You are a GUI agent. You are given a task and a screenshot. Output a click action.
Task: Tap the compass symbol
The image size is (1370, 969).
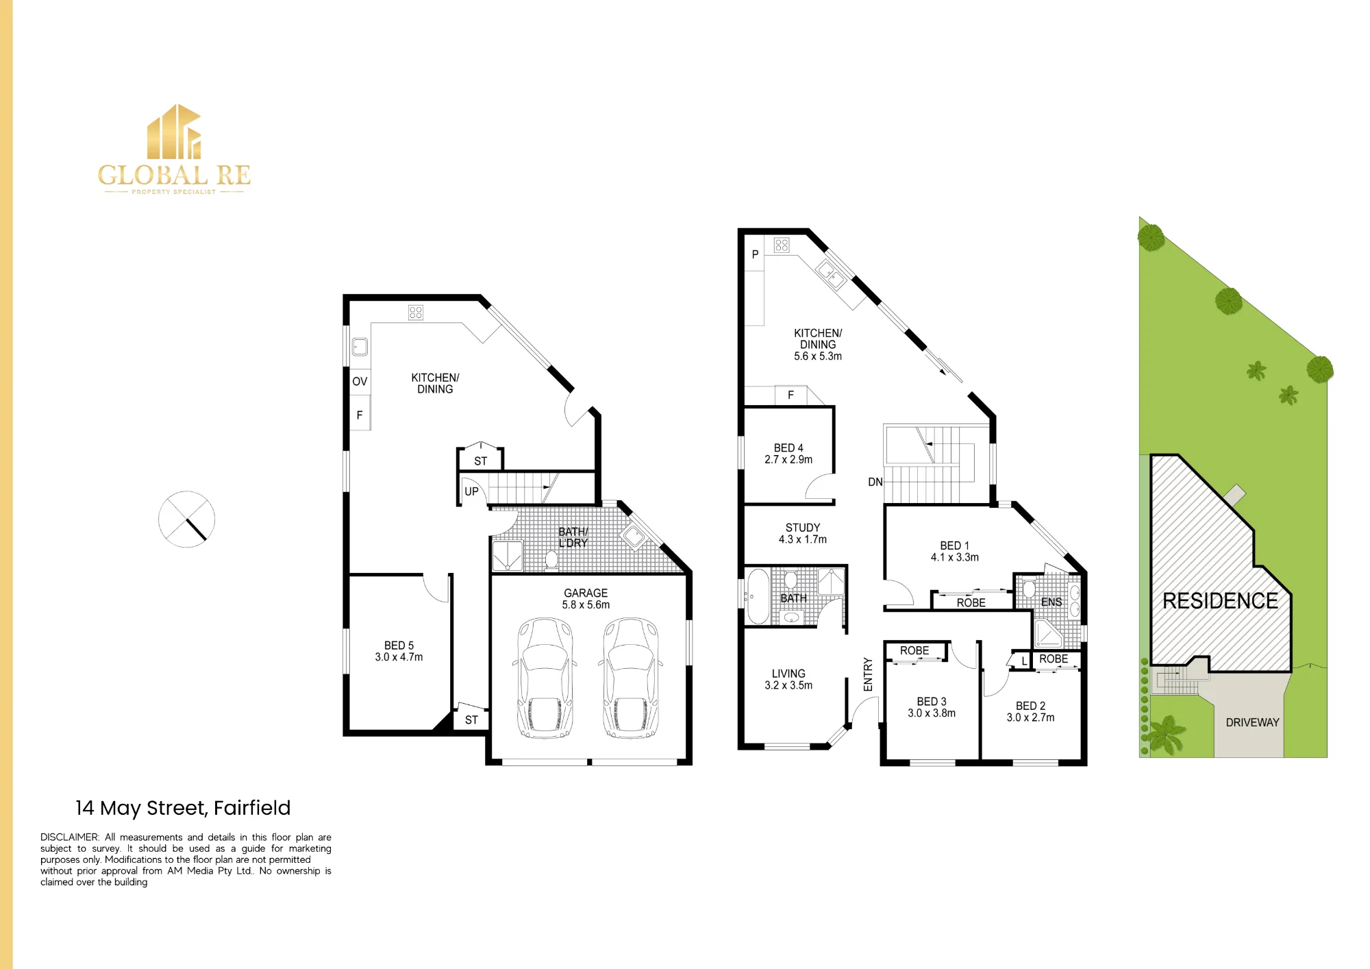tap(186, 519)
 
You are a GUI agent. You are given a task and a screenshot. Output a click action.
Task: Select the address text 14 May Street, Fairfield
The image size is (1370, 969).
tap(183, 808)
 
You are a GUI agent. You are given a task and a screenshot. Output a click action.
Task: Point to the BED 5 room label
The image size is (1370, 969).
tap(399, 651)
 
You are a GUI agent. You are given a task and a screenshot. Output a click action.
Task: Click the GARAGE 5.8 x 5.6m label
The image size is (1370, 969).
tap(586, 599)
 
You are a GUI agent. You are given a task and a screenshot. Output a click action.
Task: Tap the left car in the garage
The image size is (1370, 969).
tap(545, 678)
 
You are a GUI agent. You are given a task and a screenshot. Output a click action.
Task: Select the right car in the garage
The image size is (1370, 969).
tap(630, 678)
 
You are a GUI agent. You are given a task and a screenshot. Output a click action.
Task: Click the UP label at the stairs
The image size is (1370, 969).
tap(471, 491)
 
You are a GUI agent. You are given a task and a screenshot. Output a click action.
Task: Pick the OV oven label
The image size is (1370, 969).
tap(360, 382)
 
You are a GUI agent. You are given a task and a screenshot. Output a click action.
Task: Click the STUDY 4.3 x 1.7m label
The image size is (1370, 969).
tap(803, 534)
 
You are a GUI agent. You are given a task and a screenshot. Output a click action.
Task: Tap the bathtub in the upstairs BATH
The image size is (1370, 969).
tap(758, 596)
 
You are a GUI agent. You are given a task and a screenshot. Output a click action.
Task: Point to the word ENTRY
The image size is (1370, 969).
tap(868, 674)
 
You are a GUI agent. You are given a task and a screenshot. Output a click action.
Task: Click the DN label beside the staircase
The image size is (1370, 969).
tap(875, 482)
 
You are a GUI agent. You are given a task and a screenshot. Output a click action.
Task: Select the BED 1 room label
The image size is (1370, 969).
tap(955, 552)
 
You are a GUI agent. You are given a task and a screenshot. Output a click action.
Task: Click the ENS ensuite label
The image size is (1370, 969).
tap(1051, 602)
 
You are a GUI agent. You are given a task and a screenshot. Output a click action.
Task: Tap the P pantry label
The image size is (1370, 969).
tap(755, 254)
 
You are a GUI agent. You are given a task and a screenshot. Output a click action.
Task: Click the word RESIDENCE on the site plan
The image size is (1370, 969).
tap(1220, 601)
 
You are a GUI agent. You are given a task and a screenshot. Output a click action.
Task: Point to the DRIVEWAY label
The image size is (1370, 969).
tap(1252, 722)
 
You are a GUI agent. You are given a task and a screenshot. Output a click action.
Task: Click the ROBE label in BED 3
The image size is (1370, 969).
tap(914, 650)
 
